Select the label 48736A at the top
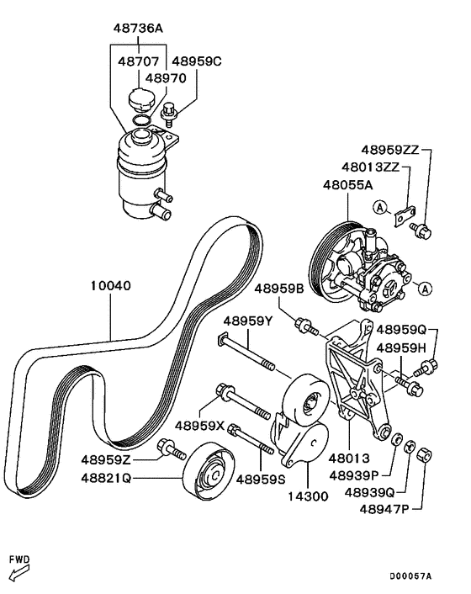pos(138,28)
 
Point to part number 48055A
pos(347,184)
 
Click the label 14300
pos(309,496)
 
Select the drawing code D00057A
pos(410,576)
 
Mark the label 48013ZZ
pos(370,167)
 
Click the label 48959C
pos(197,61)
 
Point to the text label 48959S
pos(259,479)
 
